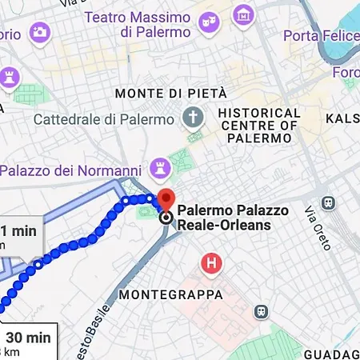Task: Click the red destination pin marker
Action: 166,200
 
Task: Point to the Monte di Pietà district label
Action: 171,94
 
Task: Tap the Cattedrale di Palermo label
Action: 104,119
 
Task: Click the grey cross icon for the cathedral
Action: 193,118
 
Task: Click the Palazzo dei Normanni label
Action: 70,170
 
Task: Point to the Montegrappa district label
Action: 170,295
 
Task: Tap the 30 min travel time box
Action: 27,342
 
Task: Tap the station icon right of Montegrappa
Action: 261,311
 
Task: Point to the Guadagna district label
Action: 332,354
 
